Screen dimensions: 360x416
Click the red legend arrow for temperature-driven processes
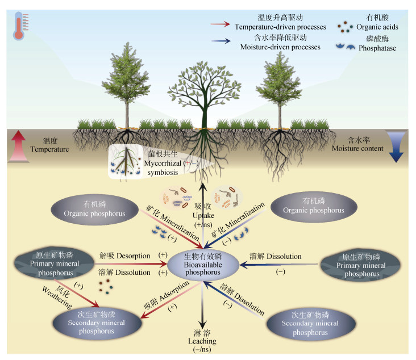220,24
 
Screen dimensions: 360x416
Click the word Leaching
202,341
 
